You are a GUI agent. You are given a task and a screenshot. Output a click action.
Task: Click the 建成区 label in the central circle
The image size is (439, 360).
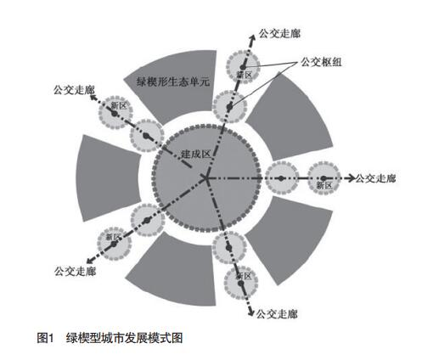(x=196, y=155)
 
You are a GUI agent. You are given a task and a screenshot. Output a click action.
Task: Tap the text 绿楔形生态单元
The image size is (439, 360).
(x=173, y=82)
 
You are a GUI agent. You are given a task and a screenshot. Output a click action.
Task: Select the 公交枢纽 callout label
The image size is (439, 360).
(x=321, y=62)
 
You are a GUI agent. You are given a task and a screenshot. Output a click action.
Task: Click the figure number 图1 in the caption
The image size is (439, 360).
(x=45, y=338)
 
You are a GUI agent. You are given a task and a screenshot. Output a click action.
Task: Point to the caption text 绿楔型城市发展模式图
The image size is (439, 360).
(x=125, y=338)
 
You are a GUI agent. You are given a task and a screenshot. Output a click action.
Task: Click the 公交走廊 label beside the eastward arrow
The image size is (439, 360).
(x=375, y=178)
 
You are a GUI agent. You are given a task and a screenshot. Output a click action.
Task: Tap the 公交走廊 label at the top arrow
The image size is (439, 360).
(x=279, y=33)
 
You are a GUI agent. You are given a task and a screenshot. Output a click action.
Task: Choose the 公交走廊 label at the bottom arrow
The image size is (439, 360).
(x=277, y=314)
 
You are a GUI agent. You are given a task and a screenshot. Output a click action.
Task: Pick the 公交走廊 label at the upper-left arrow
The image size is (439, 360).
(x=74, y=90)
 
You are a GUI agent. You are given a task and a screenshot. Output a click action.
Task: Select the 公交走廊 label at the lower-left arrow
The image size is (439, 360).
(x=75, y=271)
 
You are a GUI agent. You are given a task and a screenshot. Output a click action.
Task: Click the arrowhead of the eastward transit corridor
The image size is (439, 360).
(x=352, y=178)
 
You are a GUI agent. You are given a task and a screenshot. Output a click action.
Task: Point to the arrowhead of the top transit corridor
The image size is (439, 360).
(x=251, y=37)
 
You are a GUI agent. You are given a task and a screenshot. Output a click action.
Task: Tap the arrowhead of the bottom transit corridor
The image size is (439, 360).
(x=250, y=312)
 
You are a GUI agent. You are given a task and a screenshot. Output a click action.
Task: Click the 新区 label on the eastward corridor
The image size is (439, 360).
(x=324, y=185)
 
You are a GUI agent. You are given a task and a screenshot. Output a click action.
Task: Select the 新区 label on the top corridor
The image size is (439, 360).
(x=244, y=75)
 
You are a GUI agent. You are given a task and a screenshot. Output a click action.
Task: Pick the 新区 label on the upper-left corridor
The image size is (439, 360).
(x=118, y=106)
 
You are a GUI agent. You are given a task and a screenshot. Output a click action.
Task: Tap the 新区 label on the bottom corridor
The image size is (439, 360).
(x=244, y=276)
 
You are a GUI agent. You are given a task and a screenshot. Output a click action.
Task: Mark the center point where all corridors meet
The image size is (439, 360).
(x=206, y=178)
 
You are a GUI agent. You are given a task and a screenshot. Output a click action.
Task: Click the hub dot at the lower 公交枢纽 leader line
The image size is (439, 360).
(x=229, y=107)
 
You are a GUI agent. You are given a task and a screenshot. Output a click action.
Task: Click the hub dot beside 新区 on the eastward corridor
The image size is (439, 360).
(x=324, y=178)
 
